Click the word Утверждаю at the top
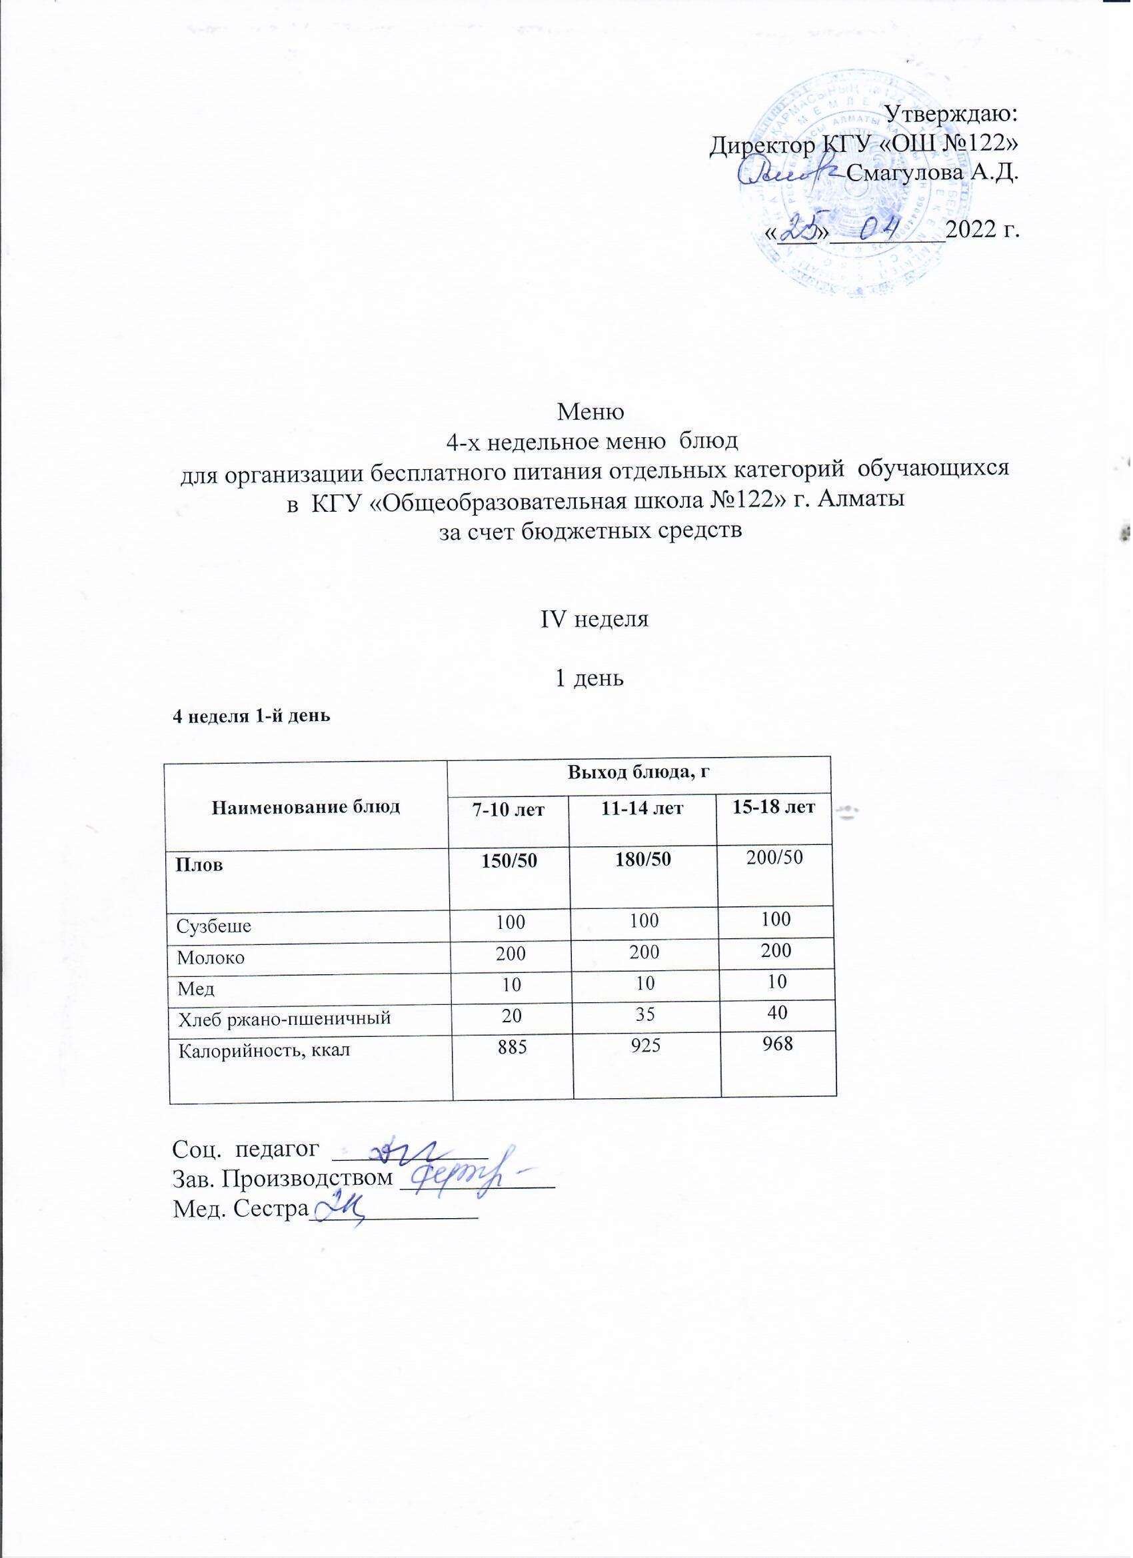[x=951, y=113]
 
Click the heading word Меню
[x=590, y=412]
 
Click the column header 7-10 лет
[x=509, y=809]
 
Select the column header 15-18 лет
[x=774, y=806]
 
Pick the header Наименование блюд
[x=306, y=807]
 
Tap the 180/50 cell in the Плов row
[x=643, y=862]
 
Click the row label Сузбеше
[x=214, y=927]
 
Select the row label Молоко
[x=211, y=958]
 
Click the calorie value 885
[x=511, y=1048]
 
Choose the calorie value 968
[x=777, y=1045]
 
